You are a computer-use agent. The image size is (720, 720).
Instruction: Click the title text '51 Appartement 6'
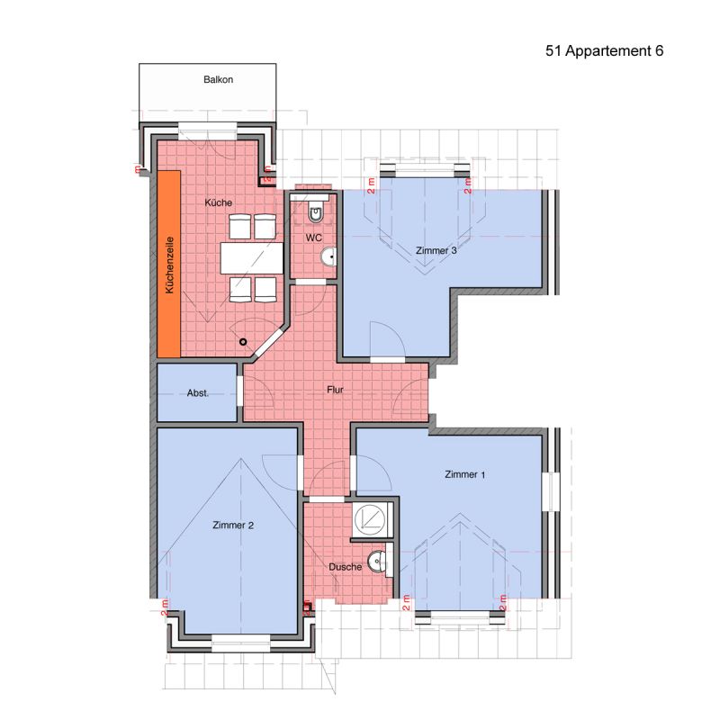coord(604,51)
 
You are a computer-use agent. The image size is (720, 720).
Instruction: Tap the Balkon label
coord(218,79)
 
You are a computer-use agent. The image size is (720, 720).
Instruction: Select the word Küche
coord(218,202)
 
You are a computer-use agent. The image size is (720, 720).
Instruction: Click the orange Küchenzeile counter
coord(168,264)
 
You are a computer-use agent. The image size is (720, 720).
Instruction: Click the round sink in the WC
coord(328,257)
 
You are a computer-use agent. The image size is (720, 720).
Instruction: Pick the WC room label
coord(313,238)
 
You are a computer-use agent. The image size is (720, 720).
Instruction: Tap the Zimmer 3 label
coord(436,251)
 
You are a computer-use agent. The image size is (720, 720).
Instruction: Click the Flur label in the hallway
coord(335,390)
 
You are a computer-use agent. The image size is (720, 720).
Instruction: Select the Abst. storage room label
coord(198,393)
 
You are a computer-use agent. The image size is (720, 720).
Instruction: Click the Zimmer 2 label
coord(233,525)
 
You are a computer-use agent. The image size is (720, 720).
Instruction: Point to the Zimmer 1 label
coord(464,474)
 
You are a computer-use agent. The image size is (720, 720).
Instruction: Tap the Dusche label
coord(346,567)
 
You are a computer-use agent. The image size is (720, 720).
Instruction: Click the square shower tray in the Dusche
coord(373,520)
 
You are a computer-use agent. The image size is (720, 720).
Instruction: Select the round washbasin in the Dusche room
coord(377,562)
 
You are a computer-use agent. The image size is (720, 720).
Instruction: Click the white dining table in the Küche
coord(252,258)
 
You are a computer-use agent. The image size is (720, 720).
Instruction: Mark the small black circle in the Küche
coord(243,342)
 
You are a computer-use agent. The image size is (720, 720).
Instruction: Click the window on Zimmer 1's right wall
coord(550,491)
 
